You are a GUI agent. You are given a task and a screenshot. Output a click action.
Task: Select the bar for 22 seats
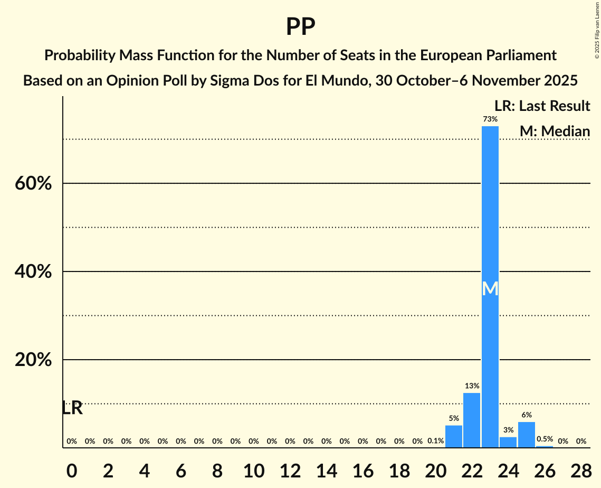[x=472, y=420]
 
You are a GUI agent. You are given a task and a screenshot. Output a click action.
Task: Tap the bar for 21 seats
[x=454, y=437]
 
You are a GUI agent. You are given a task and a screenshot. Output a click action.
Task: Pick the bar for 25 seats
[x=527, y=435]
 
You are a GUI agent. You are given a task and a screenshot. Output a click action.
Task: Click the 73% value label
[x=490, y=119]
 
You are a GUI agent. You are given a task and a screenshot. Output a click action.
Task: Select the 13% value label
[x=472, y=386]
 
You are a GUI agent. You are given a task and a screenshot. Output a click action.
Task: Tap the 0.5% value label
[x=545, y=439]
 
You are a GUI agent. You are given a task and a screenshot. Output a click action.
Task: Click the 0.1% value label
[x=435, y=441]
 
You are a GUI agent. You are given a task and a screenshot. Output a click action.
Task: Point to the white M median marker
[x=490, y=288]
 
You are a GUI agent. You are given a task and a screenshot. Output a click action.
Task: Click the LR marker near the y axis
[x=72, y=408]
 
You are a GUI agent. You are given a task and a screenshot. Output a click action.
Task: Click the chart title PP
[x=300, y=27]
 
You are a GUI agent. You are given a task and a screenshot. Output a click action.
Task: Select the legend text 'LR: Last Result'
[x=542, y=106]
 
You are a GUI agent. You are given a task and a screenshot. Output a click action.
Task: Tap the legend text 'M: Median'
[x=555, y=131]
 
